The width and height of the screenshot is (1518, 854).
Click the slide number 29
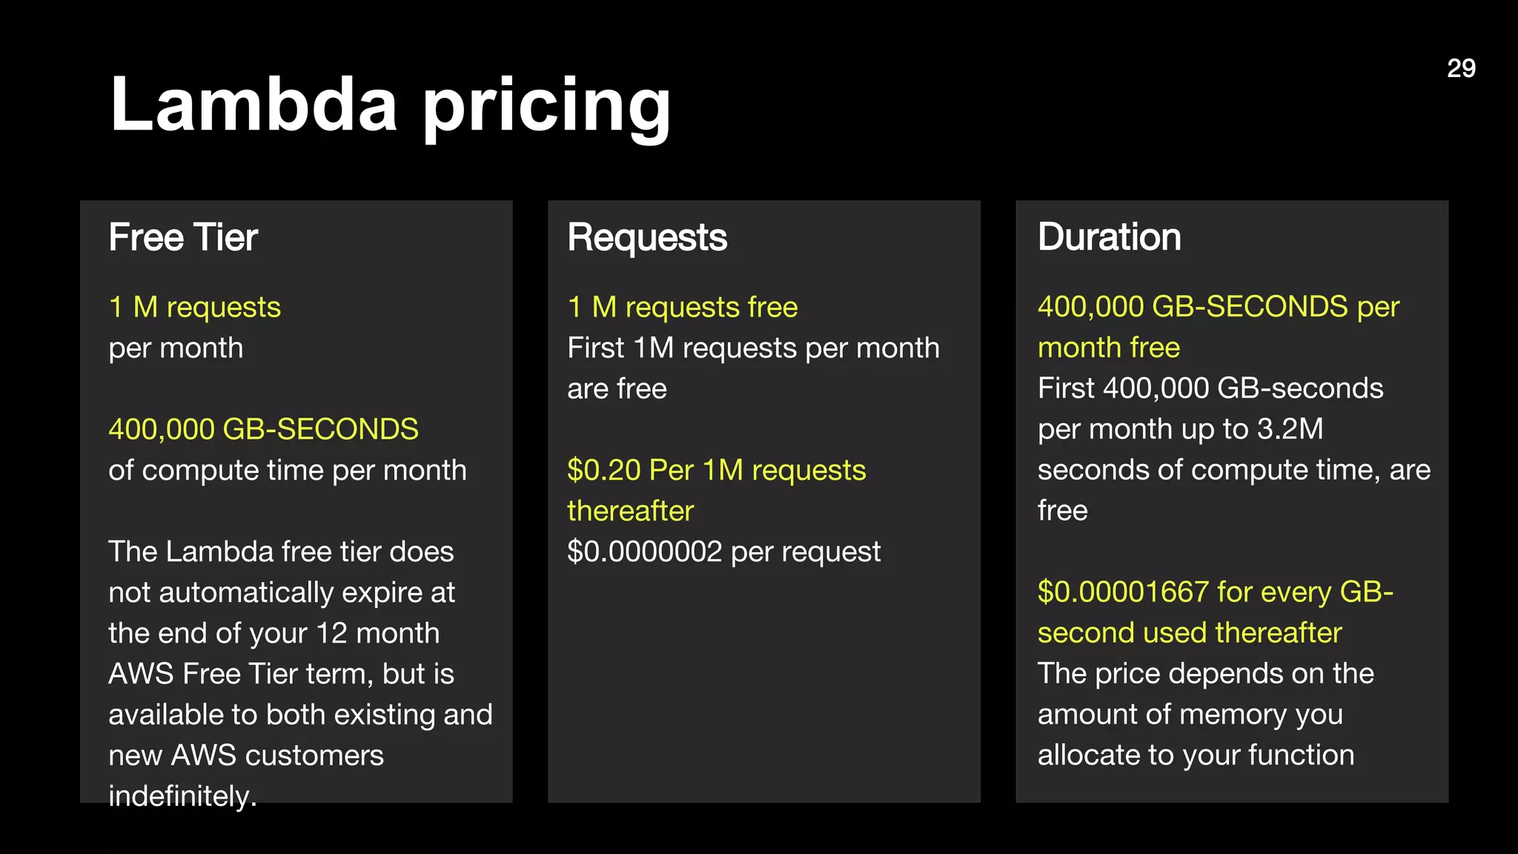[1461, 68]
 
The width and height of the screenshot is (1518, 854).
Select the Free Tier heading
[183, 237]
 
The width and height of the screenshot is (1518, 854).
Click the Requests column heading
[647, 237]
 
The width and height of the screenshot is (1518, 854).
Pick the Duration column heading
[1109, 237]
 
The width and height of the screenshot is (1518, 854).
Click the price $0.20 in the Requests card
[603, 470]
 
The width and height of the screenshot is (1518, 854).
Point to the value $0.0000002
[644, 552]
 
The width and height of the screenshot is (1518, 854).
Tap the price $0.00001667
[1123, 592]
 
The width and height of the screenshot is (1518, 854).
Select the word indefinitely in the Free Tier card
[182, 796]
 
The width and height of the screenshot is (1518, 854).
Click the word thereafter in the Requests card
[630, 511]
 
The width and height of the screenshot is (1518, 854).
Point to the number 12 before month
[331, 633]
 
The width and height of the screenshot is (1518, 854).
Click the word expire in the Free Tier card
[382, 593]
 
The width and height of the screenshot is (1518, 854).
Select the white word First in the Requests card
[595, 348]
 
